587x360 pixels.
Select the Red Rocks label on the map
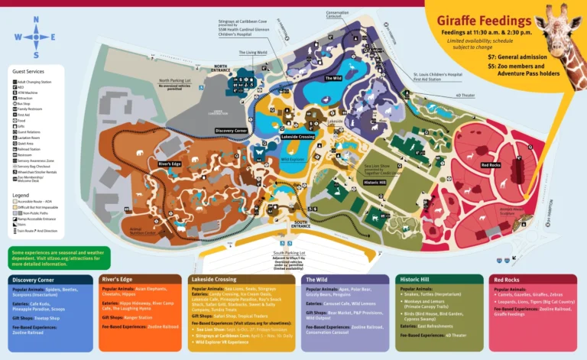tap(492, 165)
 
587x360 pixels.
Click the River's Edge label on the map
tap(169, 164)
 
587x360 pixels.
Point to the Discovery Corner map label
tap(230, 131)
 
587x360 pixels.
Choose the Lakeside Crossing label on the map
tap(298, 136)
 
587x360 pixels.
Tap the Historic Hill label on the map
tap(375, 183)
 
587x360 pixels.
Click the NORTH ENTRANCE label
tap(221, 68)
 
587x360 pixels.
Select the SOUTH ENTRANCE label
tap(302, 224)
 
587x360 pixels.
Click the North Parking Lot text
tap(175, 80)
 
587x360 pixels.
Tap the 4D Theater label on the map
tap(465, 96)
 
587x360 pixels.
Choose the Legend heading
tap(21, 195)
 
